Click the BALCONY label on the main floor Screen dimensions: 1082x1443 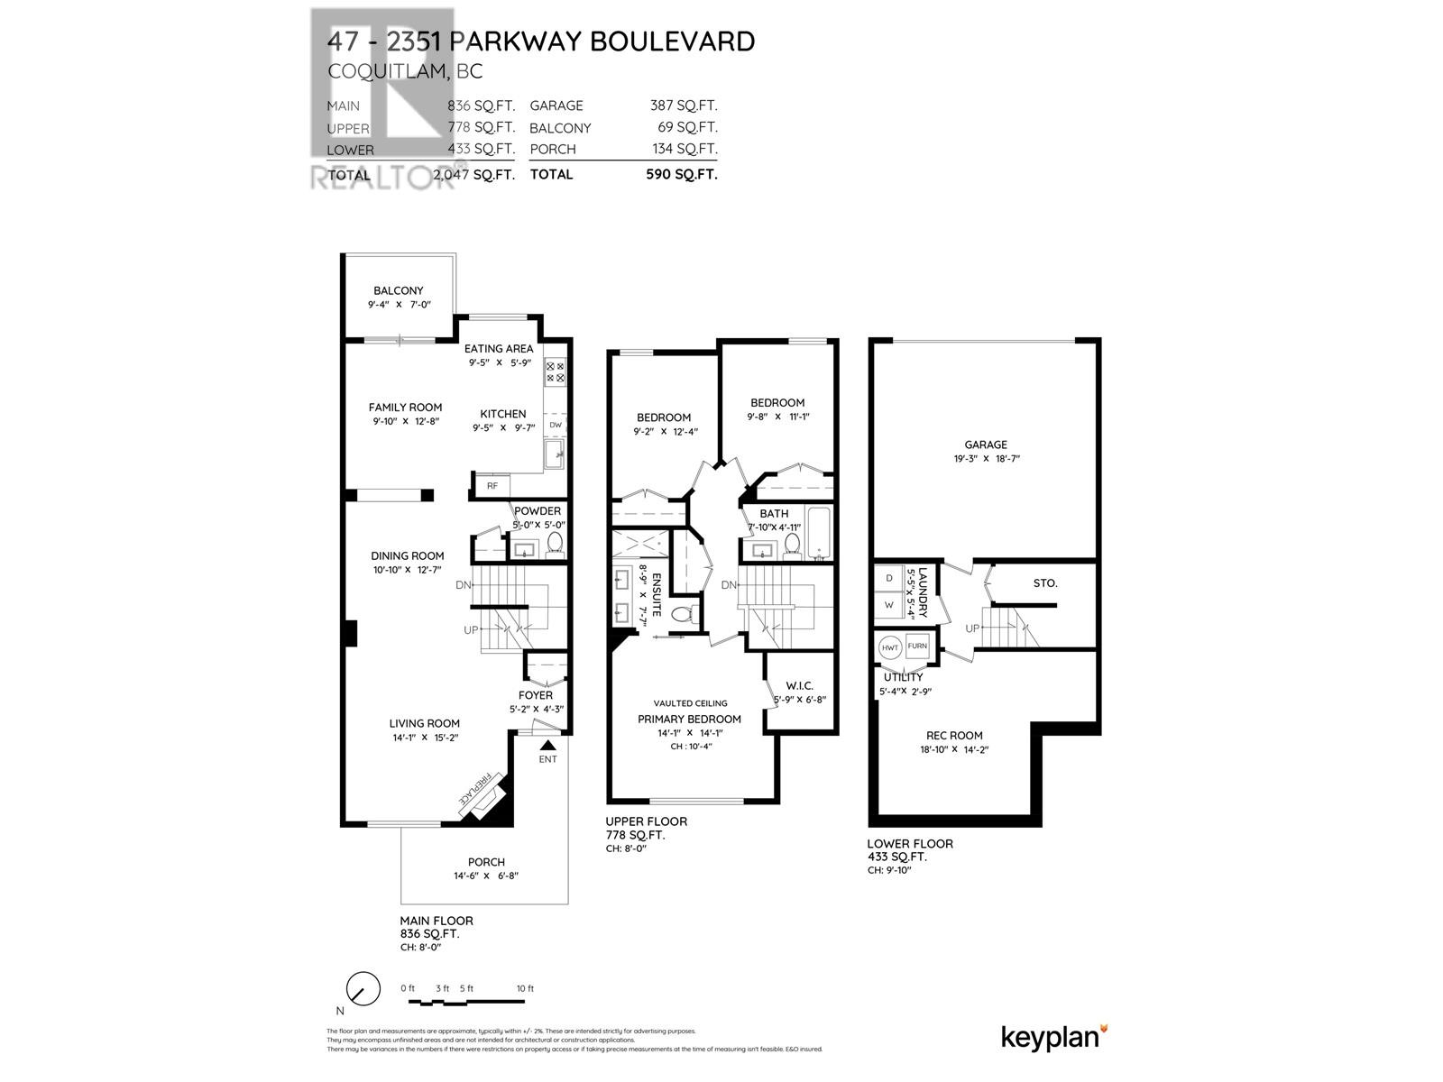(x=398, y=290)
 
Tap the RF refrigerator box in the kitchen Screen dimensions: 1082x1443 (x=492, y=486)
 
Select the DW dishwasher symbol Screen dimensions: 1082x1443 (x=556, y=425)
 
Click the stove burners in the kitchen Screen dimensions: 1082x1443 (x=556, y=372)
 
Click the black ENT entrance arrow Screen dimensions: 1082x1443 (x=547, y=745)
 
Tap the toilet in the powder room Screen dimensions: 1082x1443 (x=555, y=543)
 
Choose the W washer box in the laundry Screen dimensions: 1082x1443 (x=889, y=605)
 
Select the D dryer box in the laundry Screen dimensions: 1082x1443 (x=889, y=578)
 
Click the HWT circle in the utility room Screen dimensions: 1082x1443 (x=890, y=646)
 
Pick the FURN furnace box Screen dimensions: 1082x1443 (x=917, y=646)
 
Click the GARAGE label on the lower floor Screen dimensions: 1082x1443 (x=986, y=445)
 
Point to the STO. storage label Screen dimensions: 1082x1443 (x=1045, y=583)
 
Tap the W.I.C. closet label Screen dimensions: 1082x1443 (x=800, y=685)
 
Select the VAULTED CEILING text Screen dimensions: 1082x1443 (x=691, y=703)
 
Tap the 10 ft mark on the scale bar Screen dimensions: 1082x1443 (x=525, y=989)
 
